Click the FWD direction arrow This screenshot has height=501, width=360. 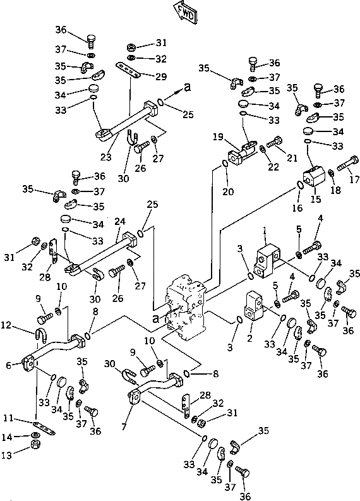tap(186, 12)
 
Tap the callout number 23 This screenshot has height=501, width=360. tap(105, 157)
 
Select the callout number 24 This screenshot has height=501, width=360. tap(120, 221)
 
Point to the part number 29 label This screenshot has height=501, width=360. tap(161, 76)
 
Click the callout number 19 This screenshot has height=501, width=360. tap(218, 136)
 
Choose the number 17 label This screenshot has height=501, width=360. tap(354, 179)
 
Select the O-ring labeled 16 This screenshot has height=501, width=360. tap(299, 184)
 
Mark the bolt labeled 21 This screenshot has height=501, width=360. tap(274, 142)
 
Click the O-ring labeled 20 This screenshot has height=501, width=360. tap(225, 164)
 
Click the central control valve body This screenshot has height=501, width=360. tap(185, 307)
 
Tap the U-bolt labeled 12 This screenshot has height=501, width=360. tap(40, 335)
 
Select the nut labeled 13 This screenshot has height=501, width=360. tap(35, 444)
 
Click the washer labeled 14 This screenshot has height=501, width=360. tap(35, 435)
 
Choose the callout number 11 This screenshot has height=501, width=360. tap(9, 418)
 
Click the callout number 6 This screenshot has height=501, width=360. tap(9, 365)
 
